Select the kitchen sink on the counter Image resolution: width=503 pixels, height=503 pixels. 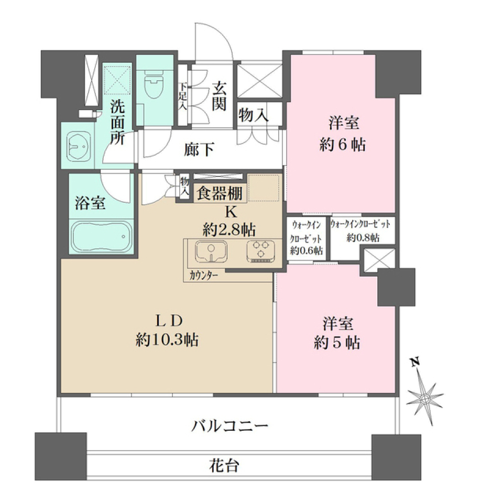[x=211, y=251]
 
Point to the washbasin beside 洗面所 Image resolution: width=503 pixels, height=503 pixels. [x=79, y=145]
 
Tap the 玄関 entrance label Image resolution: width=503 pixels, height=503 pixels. [x=219, y=97]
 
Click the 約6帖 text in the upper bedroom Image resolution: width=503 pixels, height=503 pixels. [x=344, y=145]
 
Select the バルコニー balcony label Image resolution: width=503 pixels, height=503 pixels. [x=229, y=424]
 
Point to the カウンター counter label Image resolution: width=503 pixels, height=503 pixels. [x=204, y=275]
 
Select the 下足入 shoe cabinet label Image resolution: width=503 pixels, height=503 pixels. [x=183, y=96]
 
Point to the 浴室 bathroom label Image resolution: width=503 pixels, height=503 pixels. [x=90, y=203]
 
